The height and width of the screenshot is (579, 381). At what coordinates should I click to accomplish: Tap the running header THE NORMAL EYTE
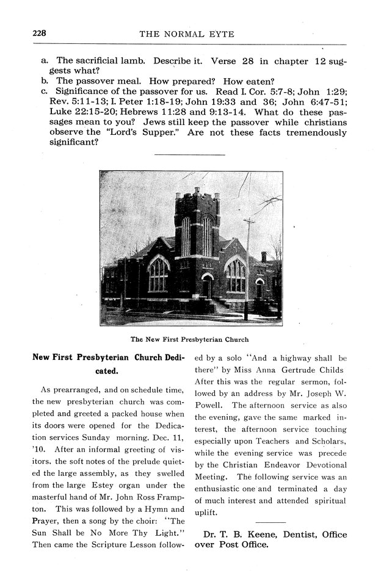(x=187, y=35)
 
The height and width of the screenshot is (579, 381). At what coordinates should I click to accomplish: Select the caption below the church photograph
(x=190, y=339)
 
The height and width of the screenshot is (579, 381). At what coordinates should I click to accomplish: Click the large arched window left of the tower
(x=158, y=275)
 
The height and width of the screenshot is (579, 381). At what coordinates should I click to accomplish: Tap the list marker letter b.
(x=45, y=81)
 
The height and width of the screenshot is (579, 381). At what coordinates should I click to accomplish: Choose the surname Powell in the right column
(x=209, y=405)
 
